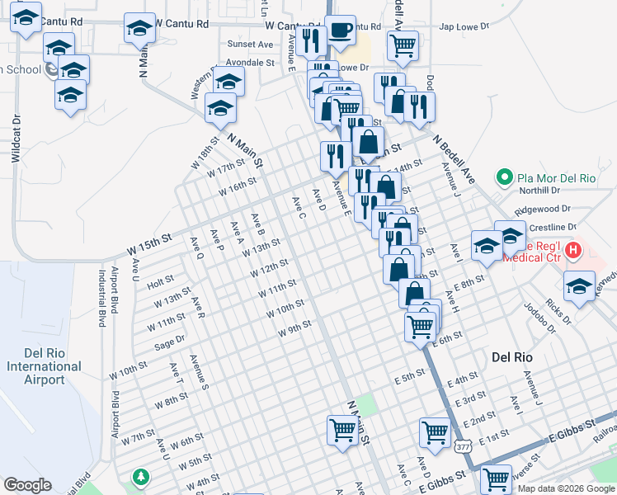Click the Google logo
coord(27,485)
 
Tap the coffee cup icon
coord(341,31)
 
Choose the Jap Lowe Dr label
coord(464,26)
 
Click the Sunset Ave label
coord(250,44)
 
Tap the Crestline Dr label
coord(552,227)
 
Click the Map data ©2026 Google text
coord(565,488)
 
